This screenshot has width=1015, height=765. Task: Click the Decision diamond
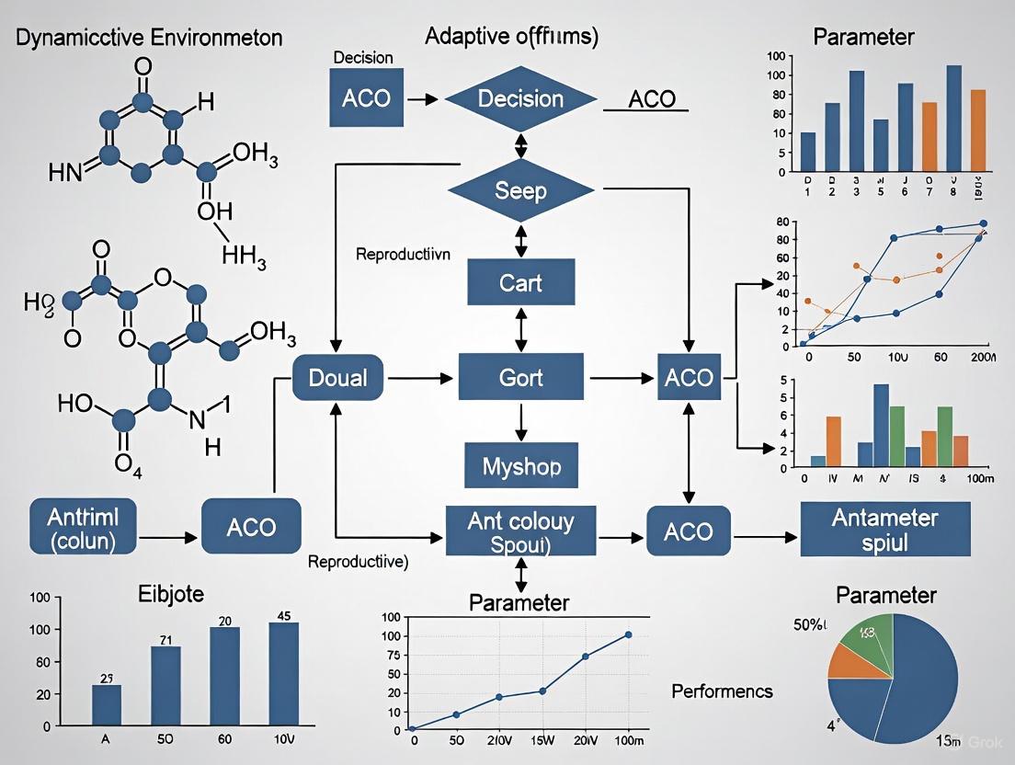(521, 99)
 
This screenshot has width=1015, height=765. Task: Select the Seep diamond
(521, 191)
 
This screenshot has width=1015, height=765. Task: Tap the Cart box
(521, 281)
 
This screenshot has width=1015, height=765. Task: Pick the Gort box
(521, 377)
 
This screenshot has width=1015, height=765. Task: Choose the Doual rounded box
(338, 377)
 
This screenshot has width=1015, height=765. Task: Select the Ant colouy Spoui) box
(521, 531)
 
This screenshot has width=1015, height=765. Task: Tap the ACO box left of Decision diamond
(366, 98)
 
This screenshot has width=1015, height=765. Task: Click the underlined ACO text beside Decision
(652, 98)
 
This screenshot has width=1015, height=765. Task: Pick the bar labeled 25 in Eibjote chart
(107, 705)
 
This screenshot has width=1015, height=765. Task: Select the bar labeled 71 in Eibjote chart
(165, 686)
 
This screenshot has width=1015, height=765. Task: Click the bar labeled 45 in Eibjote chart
(284, 674)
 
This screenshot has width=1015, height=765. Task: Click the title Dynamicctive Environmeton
(148, 38)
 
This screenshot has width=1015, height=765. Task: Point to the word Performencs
(722, 691)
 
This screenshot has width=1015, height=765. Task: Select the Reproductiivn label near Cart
(403, 255)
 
